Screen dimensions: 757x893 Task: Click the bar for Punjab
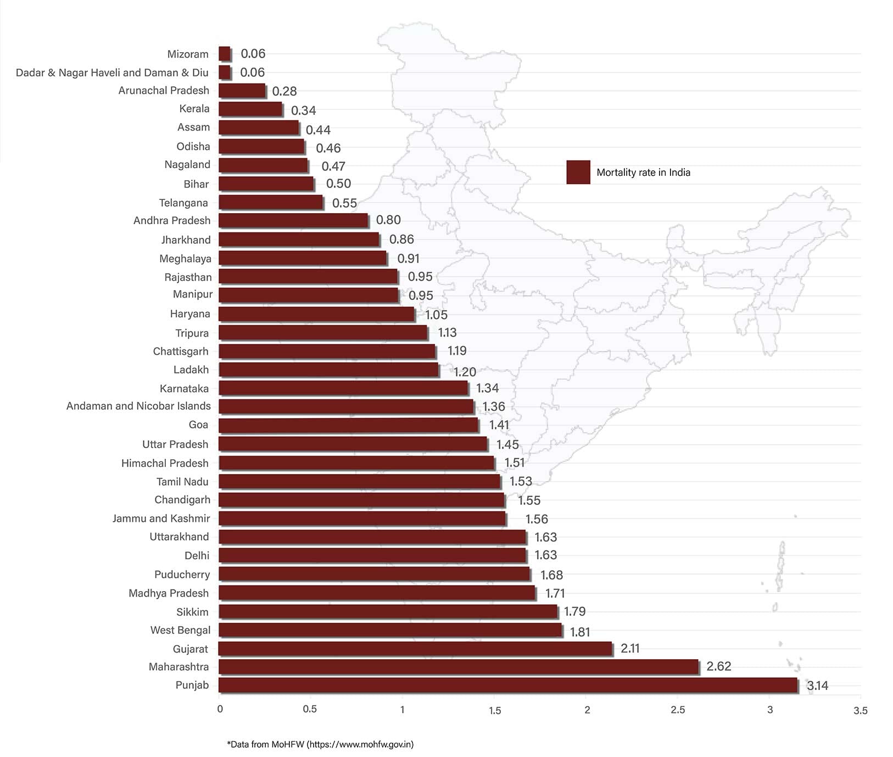click(x=507, y=685)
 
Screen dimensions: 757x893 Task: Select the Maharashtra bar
click(x=458, y=667)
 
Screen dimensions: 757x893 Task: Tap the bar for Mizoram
click(x=224, y=54)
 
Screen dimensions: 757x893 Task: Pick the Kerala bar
click(x=250, y=109)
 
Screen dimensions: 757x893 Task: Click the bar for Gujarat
click(x=415, y=649)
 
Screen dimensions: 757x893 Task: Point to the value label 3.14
click(x=817, y=686)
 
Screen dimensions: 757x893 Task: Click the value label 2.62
click(x=718, y=666)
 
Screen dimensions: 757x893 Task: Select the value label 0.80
click(x=388, y=220)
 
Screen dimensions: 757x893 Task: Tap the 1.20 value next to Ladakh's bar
click(x=465, y=372)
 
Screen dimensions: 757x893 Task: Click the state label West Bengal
click(x=180, y=630)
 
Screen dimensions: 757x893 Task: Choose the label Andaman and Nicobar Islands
click(x=138, y=406)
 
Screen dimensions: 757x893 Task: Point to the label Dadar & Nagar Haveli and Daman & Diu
click(x=112, y=73)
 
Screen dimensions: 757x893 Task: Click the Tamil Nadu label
click(x=182, y=482)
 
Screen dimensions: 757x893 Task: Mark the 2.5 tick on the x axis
click(x=678, y=710)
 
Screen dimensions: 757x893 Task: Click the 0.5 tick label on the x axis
click(x=310, y=709)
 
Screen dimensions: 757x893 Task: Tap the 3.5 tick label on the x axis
click(x=860, y=710)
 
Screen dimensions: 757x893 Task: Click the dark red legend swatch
click(x=578, y=172)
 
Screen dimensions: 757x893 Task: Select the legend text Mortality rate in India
click(x=643, y=172)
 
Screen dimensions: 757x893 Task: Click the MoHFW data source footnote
click(x=320, y=744)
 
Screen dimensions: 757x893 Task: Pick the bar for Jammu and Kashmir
click(x=362, y=519)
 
